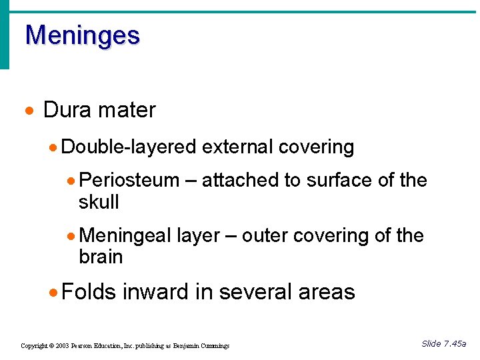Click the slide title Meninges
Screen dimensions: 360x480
(82, 35)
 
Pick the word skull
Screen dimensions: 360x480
(98, 201)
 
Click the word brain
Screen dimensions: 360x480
(100, 257)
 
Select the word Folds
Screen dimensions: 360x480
(88, 292)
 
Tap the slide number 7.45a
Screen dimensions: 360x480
(455, 344)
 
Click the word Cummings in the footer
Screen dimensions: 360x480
(213, 346)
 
